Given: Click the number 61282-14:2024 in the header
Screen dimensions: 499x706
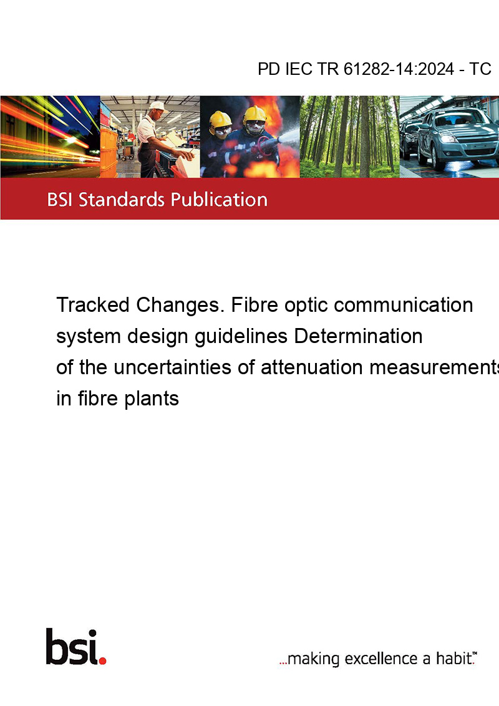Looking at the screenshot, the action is click(x=399, y=69).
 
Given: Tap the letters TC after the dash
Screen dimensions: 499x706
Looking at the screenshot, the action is click(x=480, y=69).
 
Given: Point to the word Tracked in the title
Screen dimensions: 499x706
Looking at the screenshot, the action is click(x=93, y=305).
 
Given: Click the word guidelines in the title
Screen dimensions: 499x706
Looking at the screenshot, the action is click(x=241, y=336).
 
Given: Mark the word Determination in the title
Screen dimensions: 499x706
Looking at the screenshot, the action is click(x=358, y=336).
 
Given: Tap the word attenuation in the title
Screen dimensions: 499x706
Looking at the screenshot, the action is click(x=312, y=367).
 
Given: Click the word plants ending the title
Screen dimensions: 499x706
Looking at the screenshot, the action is click(x=152, y=399).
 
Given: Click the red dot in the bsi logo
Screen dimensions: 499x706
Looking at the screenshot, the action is click(x=102, y=660).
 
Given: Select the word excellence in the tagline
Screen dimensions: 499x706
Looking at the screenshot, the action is click(x=381, y=659).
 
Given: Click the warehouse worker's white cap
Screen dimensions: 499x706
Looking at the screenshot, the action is click(x=158, y=106).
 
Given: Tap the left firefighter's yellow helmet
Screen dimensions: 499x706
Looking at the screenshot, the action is click(x=220, y=119).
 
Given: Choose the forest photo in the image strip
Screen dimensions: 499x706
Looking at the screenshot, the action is click(x=350, y=137).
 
